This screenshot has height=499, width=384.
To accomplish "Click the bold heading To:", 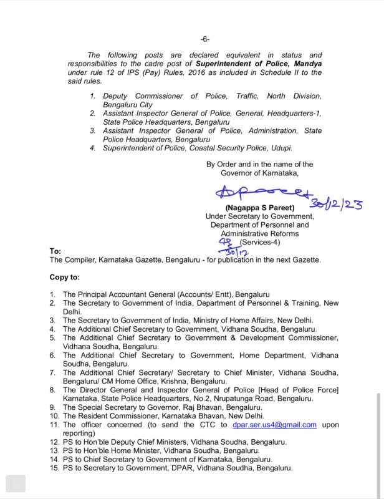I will point(55,251).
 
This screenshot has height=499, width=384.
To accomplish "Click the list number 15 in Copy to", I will point(54,468).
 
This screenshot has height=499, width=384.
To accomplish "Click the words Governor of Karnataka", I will point(260,173).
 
